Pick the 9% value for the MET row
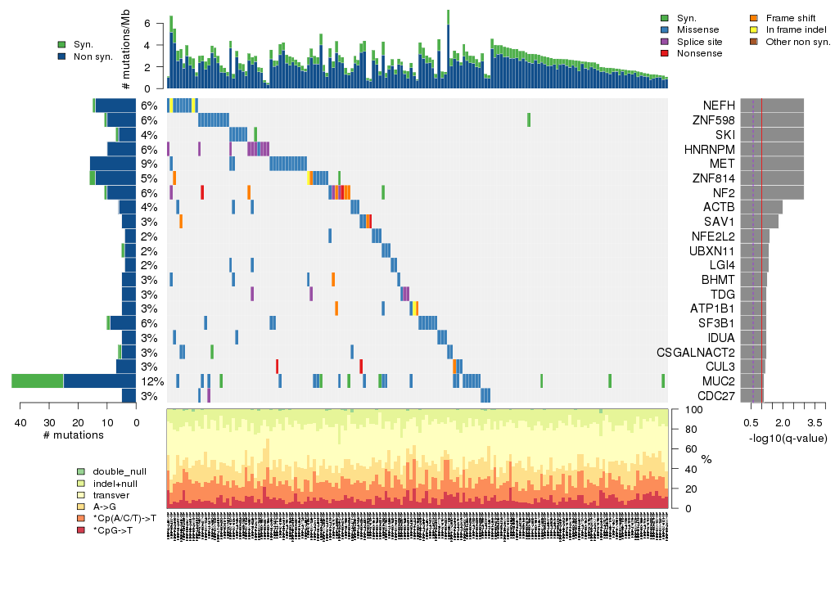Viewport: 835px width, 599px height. coord(148,164)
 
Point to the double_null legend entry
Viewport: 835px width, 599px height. coord(120,472)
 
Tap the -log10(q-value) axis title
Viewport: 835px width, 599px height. coord(788,438)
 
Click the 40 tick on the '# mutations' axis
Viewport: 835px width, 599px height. coord(20,422)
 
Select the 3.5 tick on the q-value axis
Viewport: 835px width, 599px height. coord(815,422)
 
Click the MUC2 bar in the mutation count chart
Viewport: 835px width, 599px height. coord(74,381)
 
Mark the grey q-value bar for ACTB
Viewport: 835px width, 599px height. coord(761,207)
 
